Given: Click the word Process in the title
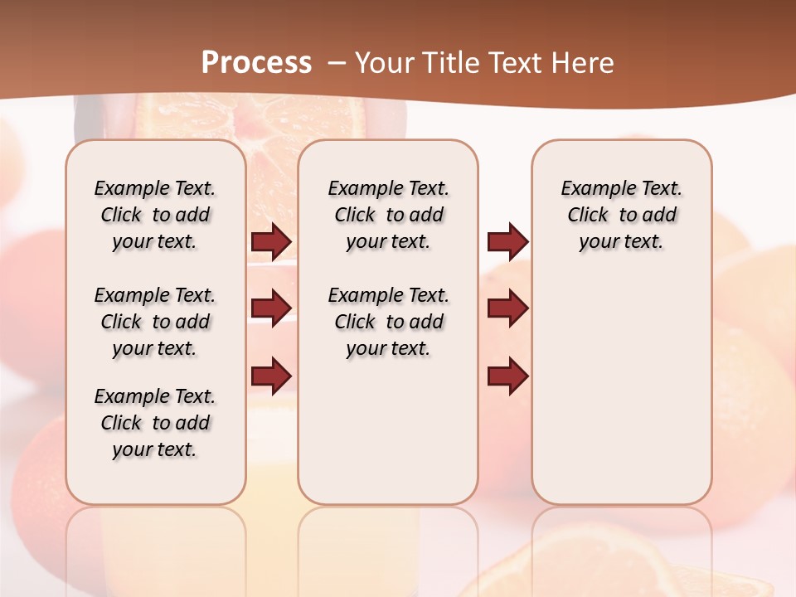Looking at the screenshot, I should click(x=256, y=62).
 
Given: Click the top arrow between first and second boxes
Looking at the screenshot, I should click(x=271, y=241).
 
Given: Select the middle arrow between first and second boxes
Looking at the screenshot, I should click(x=271, y=308).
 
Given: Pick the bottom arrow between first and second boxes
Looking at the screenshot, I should click(x=271, y=376).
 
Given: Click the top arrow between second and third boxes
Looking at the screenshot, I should click(x=507, y=241).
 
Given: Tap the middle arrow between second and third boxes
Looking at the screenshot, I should click(x=507, y=308).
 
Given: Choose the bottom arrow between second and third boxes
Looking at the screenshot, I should click(x=507, y=376).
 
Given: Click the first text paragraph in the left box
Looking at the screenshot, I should click(x=155, y=215).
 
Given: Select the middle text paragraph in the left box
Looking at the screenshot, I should click(x=155, y=322).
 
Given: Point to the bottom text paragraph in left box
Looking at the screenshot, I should click(x=155, y=423).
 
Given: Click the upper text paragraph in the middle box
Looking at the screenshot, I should click(x=389, y=215).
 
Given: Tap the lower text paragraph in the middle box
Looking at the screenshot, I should click(x=389, y=322).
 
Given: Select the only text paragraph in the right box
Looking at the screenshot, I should click(x=622, y=215).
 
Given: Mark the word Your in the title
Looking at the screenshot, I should click(x=384, y=62).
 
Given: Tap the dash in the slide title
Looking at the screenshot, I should click(x=337, y=62).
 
